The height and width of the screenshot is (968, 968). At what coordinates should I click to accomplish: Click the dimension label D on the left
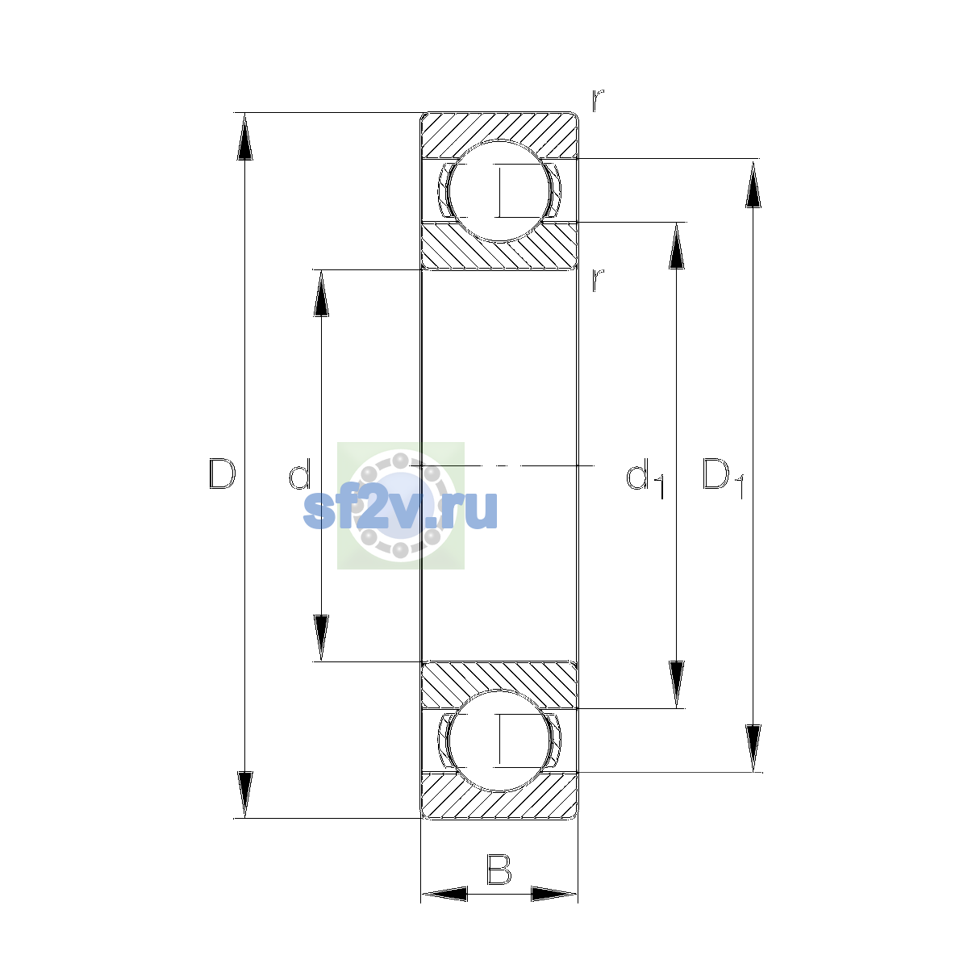coord(222,474)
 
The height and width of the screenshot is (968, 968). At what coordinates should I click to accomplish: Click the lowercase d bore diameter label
coord(300,474)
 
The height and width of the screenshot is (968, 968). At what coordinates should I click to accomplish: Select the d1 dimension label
coord(646,478)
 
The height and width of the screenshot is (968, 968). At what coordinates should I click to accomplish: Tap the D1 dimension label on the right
coord(723,478)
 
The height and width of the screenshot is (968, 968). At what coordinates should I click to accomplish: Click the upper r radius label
coord(597,101)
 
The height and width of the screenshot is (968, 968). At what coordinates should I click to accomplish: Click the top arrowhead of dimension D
coord(244,136)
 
